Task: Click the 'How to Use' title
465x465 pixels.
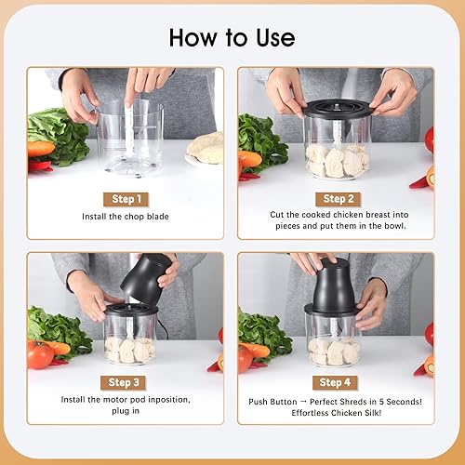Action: coord(232,37)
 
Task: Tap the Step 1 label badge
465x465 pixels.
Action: coord(126,198)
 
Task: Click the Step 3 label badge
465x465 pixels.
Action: coord(126,382)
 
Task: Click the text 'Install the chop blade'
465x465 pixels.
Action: coord(126,216)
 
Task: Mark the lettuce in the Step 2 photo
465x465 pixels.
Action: coord(261,139)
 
